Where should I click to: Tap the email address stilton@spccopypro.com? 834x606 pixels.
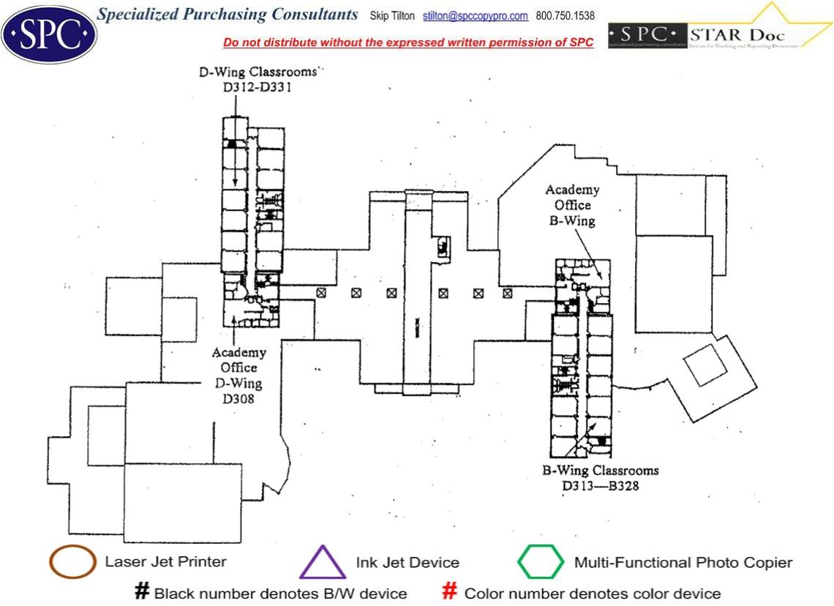(x=476, y=15)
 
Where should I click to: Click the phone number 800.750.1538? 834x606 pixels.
(x=566, y=15)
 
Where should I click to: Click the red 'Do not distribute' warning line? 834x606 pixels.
(x=408, y=42)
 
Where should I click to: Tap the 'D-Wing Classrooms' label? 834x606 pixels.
(x=258, y=72)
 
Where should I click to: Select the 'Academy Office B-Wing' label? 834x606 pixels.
(x=571, y=205)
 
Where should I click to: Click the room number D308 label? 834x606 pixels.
(x=238, y=400)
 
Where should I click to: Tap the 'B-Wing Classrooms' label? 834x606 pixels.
(x=600, y=470)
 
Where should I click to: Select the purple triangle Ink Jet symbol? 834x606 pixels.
(x=322, y=564)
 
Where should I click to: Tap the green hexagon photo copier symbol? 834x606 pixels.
(x=541, y=562)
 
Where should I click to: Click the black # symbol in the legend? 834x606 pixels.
(x=142, y=591)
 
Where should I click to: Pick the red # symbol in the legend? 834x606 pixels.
(x=450, y=591)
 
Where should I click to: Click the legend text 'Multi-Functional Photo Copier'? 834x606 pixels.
(x=683, y=563)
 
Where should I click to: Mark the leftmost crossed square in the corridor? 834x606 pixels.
(x=320, y=293)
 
